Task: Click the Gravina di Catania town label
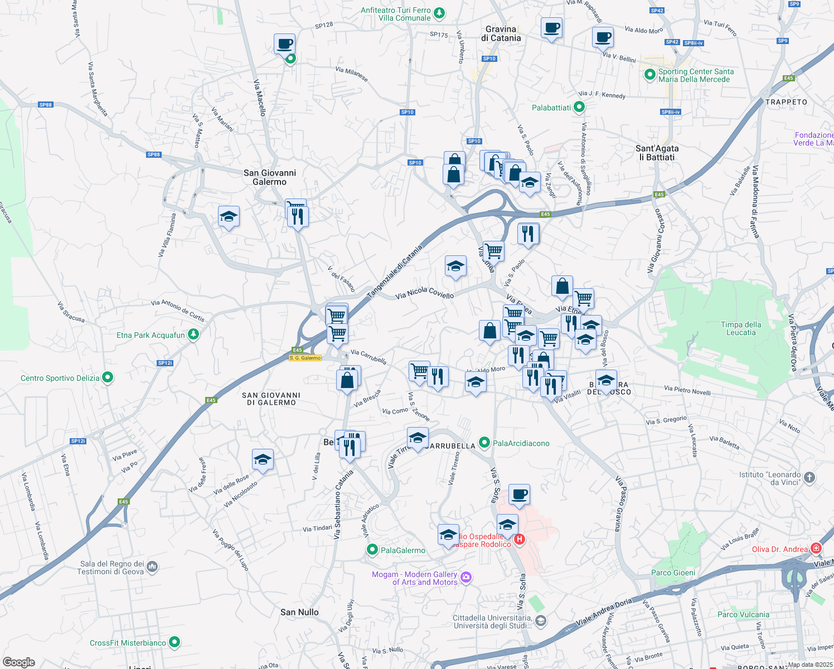[x=501, y=33]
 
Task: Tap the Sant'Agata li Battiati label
[x=657, y=153]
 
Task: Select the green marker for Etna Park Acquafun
[x=193, y=334]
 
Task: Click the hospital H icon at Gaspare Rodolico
[x=520, y=539]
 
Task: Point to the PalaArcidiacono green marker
[x=484, y=443]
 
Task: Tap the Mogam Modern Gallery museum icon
[x=467, y=578]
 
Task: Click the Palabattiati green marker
[x=579, y=107]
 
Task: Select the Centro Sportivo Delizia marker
[x=108, y=378]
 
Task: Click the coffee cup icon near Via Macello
[x=284, y=43]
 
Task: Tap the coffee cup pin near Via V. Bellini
[x=603, y=37]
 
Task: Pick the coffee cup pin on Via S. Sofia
[x=519, y=494]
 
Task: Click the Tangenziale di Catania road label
[x=395, y=272]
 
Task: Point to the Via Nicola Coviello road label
[x=424, y=293]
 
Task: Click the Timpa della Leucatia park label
[x=741, y=328]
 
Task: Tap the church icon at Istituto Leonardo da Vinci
[x=809, y=477]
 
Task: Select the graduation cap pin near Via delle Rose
[x=263, y=460]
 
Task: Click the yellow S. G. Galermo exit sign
[x=306, y=358]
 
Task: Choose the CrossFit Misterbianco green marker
[x=174, y=642]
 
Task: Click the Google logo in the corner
[x=18, y=662]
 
